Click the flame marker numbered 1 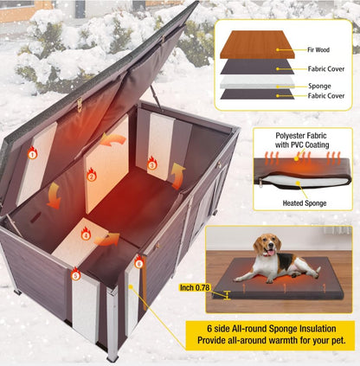32,154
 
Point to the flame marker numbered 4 85,234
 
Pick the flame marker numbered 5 75,274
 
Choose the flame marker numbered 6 139,260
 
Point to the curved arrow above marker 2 112,138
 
